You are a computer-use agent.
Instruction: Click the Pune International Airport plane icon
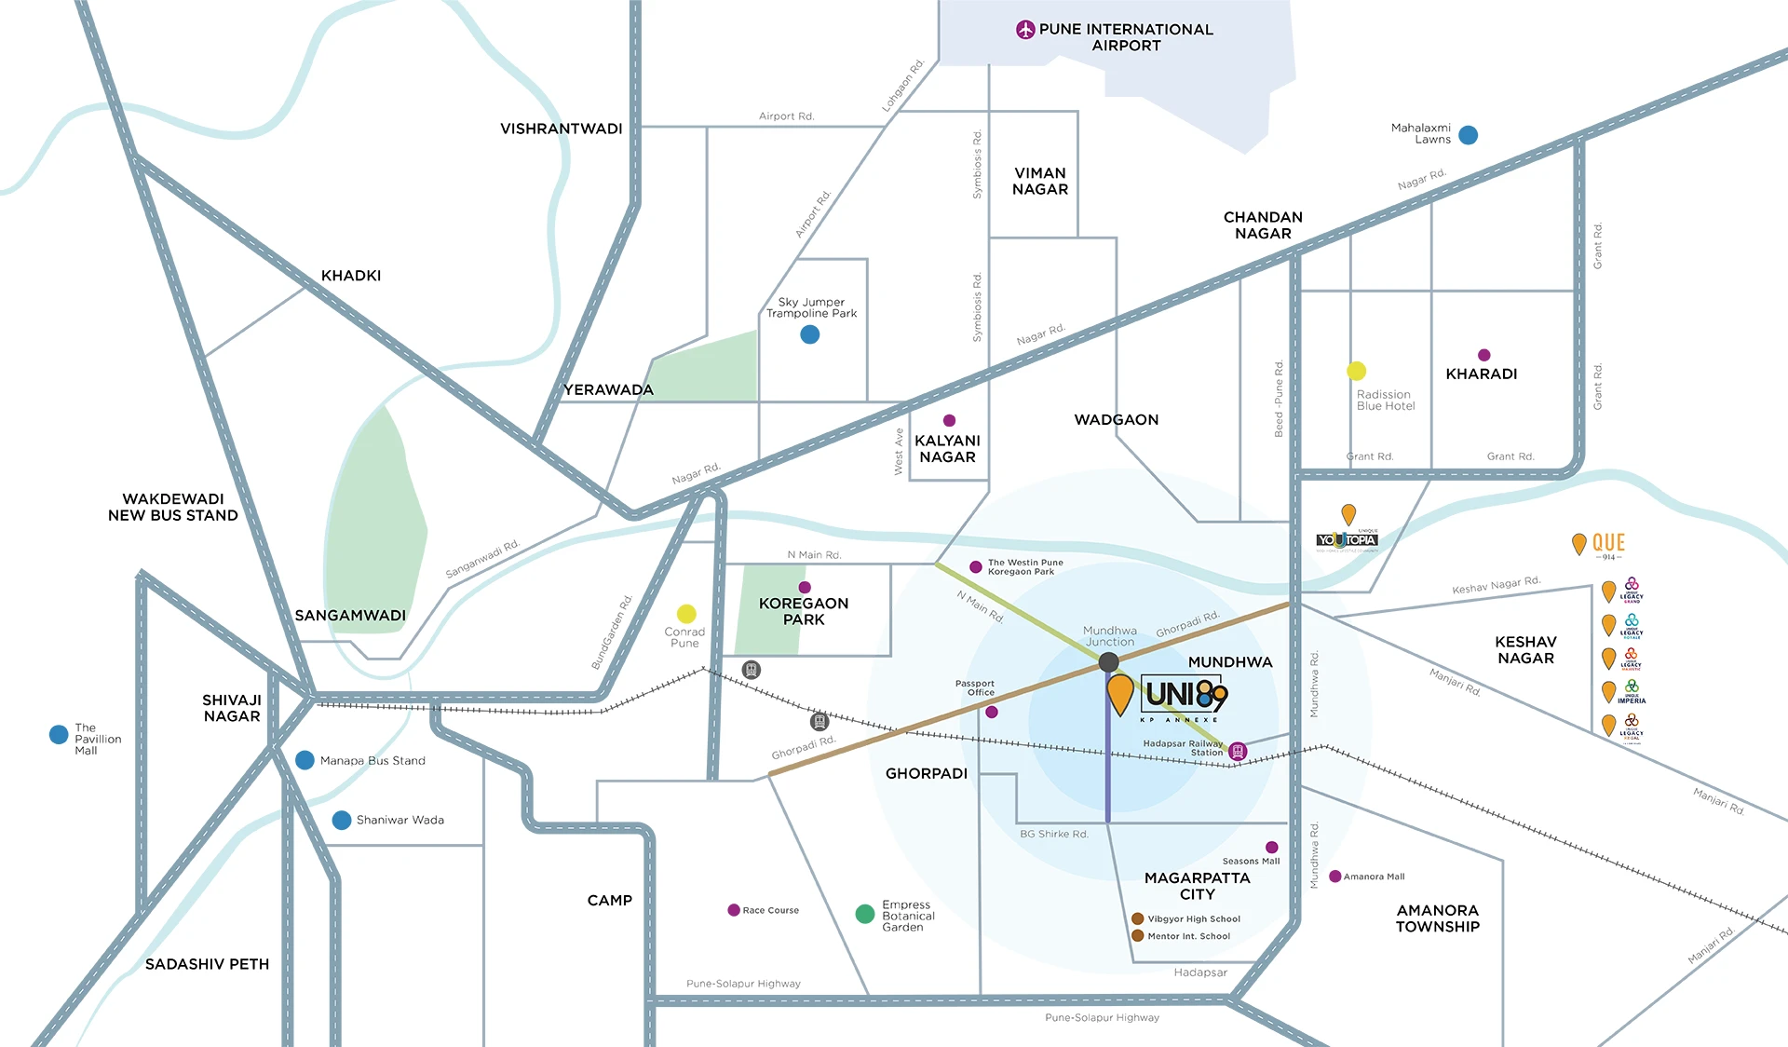click(x=1025, y=30)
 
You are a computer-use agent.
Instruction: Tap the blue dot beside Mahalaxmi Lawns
click(x=1469, y=135)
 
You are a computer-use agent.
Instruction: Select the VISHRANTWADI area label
click(x=561, y=129)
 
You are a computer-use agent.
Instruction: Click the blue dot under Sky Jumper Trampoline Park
click(x=810, y=334)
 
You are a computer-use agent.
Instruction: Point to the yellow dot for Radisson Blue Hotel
click(x=1357, y=371)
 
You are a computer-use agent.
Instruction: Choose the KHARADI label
click(x=1481, y=374)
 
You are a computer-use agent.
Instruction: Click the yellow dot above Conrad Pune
click(x=686, y=613)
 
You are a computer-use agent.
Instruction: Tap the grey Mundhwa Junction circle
click(x=1108, y=662)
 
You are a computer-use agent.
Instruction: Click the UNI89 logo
click(x=1185, y=695)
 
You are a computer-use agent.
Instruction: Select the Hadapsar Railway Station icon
click(x=1238, y=751)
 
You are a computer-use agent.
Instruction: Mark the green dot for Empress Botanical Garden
click(x=865, y=914)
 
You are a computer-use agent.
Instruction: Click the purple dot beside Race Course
click(x=734, y=910)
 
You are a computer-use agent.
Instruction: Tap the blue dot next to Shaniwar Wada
click(x=342, y=820)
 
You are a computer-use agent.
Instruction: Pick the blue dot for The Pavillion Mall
click(x=59, y=734)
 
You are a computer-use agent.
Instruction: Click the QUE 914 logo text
click(x=1608, y=543)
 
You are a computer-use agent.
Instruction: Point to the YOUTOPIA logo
click(x=1347, y=540)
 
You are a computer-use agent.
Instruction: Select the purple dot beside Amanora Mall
click(x=1334, y=877)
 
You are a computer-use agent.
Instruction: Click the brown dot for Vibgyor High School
click(x=1137, y=918)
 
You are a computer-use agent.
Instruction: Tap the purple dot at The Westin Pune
click(x=976, y=566)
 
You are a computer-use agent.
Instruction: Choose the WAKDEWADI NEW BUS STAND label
click(x=173, y=507)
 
